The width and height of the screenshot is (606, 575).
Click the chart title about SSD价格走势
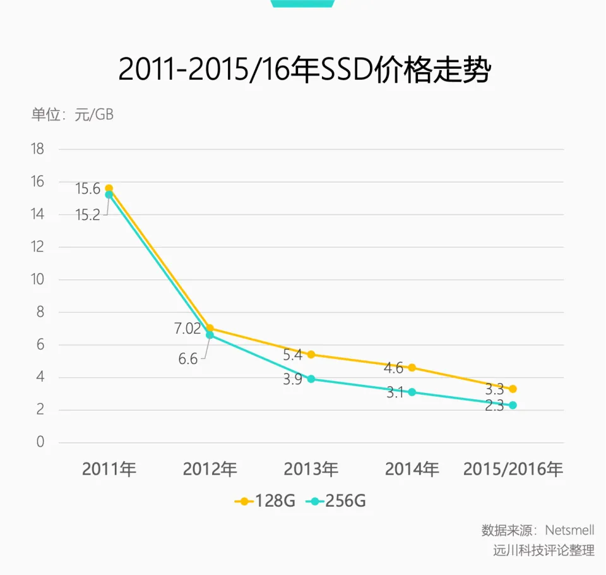tap(304, 70)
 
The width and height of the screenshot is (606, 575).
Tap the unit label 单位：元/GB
tap(73, 114)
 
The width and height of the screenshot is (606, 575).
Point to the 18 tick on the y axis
tap(37, 149)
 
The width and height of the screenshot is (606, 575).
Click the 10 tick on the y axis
tap(37, 280)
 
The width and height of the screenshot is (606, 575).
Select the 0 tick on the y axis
tap(40, 442)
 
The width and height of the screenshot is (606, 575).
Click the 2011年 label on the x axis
tap(109, 469)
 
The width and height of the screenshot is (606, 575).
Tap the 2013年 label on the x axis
tap(311, 469)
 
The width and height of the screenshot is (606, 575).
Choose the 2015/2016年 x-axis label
tap(513, 469)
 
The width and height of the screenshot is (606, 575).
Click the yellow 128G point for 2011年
tap(109, 188)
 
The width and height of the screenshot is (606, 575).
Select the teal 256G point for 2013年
tap(311, 379)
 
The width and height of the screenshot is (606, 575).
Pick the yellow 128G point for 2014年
tap(412, 368)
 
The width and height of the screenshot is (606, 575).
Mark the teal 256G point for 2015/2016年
tap(513, 405)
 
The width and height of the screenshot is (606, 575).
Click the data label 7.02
tap(187, 329)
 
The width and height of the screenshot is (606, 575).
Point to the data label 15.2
tap(88, 215)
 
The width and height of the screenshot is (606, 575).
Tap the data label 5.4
tap(293, 355)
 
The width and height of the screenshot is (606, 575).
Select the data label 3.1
tap(395, 393)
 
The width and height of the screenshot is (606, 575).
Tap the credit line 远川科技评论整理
tap(544, 550)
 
